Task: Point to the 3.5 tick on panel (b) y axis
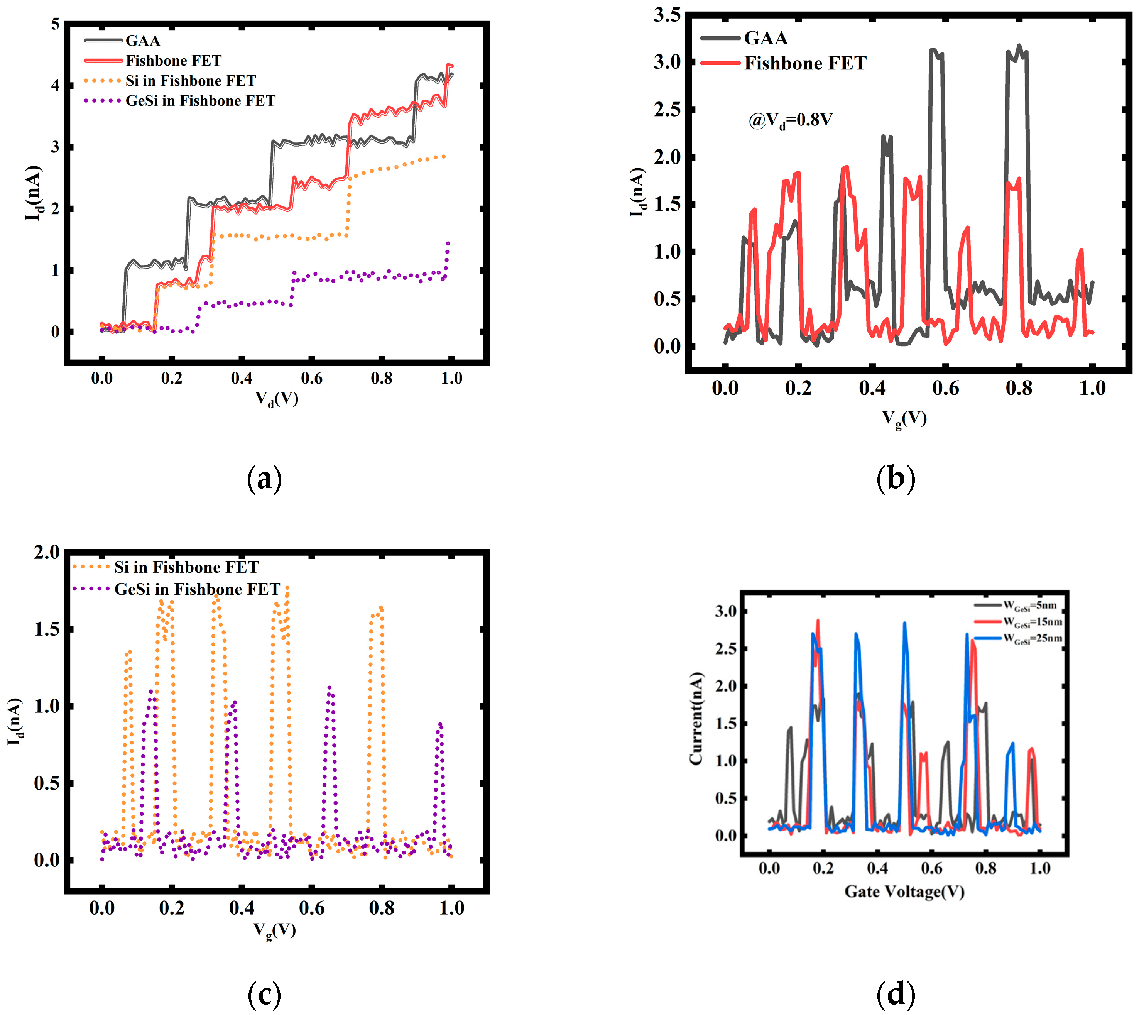[667, 15]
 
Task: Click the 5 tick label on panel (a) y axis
[55, 24]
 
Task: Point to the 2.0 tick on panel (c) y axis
[46, 552]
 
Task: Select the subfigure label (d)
[896, 994]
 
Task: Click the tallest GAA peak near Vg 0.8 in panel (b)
[1019, 46]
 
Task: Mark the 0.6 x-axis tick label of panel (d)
[931, 868]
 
